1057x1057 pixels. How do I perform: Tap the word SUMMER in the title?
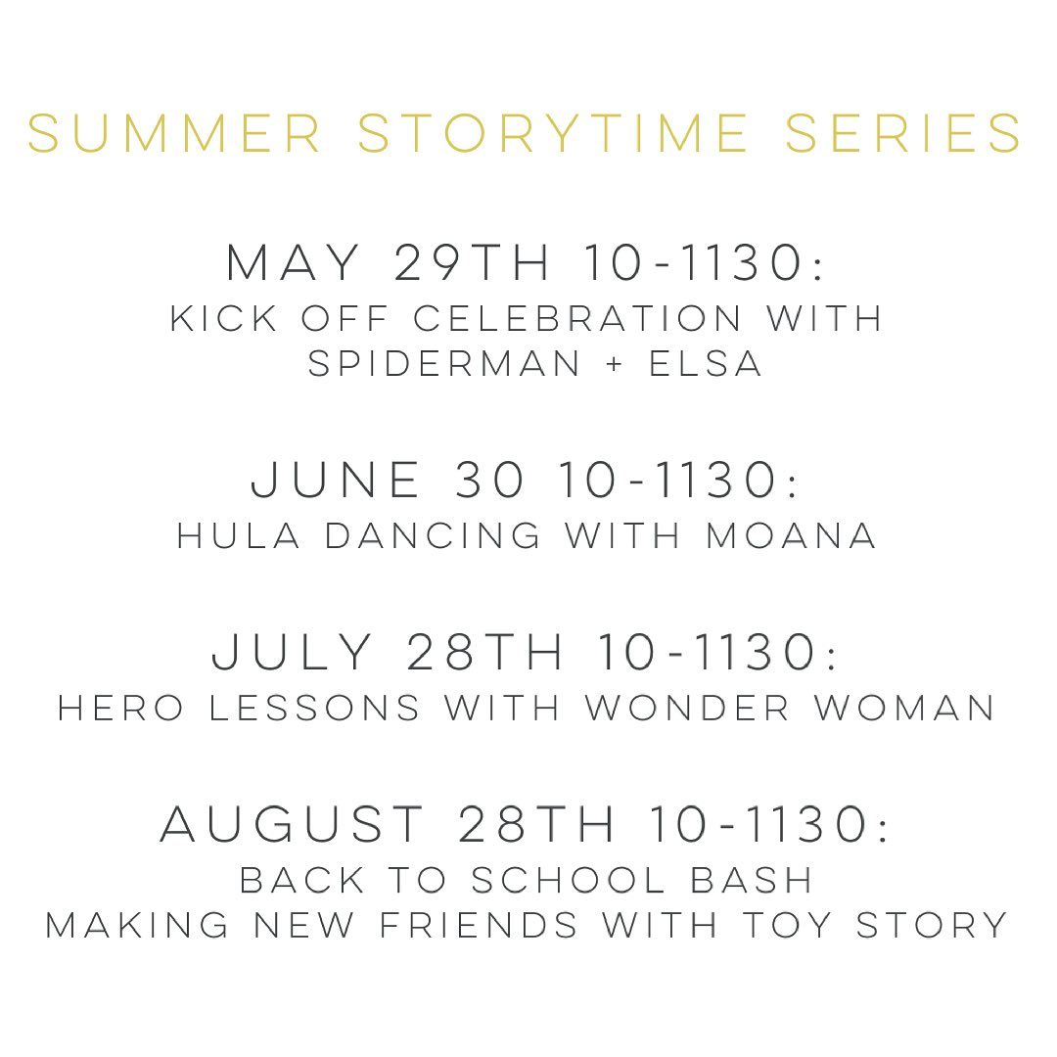174,133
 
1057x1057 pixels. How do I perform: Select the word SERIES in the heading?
903,133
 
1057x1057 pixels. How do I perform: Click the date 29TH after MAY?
471,262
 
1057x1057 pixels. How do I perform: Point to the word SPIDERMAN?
443,364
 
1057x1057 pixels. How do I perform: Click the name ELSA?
706,364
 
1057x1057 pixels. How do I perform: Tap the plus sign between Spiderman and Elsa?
614,365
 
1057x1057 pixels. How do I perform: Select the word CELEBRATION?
577,318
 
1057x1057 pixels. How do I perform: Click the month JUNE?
335,480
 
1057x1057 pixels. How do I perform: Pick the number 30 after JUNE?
489,480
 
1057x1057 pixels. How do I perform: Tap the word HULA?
238,536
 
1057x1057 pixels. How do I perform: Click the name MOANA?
791,536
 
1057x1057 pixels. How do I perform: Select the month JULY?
292,652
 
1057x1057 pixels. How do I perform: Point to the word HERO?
120,709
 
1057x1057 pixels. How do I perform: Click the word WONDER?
687,709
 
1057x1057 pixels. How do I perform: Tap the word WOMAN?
904,709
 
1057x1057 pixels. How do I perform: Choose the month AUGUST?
292,824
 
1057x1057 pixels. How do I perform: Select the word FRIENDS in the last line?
480,924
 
